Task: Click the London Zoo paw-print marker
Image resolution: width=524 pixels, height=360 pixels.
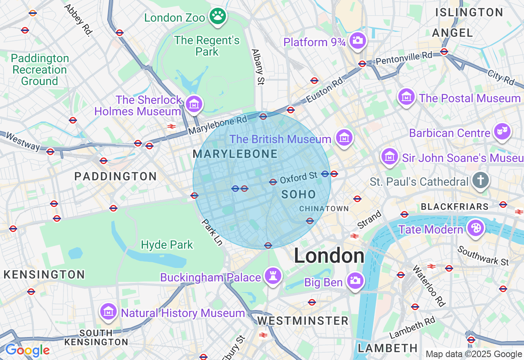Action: [x=218, y=16]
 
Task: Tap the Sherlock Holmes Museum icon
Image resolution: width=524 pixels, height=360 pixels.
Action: [x=194, y=104]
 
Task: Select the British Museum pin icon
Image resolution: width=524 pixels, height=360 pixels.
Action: [x=344, y=138]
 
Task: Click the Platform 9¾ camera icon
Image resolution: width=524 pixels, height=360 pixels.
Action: [x=358, y=40]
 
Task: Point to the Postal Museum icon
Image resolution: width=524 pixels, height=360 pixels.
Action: [x=406, y=97]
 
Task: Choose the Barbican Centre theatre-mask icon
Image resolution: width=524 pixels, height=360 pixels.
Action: [x=502, y=132]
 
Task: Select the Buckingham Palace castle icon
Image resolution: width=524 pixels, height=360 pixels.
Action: [x=273, y=276]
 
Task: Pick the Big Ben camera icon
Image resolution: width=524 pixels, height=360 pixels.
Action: [x=355, y=281]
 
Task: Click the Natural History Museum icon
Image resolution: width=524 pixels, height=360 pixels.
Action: [x=108, y=312]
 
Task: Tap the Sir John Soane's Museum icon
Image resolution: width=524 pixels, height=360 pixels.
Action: [x=390, y=156]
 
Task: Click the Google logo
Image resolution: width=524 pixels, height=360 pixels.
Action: [x=27, y=350]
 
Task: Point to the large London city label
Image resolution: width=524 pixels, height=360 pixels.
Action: [x=329, y=256]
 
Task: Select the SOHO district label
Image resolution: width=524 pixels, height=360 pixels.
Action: [x=299, y=194]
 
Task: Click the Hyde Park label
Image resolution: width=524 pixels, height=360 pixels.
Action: [x=167, y=245]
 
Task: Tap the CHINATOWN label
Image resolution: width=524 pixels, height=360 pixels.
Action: [x=324, y=209]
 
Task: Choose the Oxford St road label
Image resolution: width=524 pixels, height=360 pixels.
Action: [x=298, y=178]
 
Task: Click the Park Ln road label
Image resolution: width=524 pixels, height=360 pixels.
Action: [x=212, y=232]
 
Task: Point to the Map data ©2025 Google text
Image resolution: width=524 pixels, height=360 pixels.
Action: [x=474, y=354]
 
